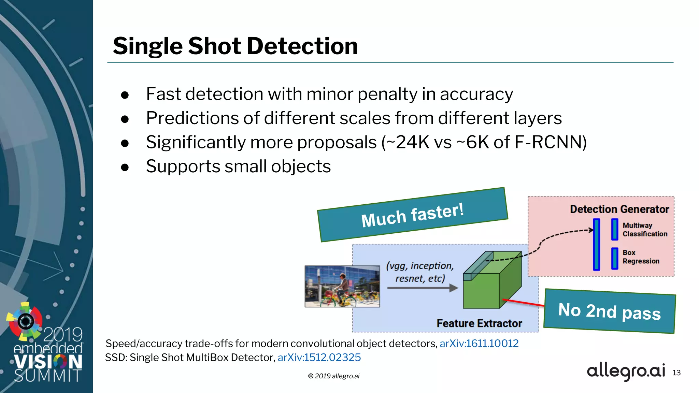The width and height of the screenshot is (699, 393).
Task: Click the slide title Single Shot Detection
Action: click(x=235, y=46)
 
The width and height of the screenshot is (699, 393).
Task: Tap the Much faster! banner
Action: click(x=412, y=215)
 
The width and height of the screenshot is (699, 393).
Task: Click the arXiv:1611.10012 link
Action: click(x=479, y=343)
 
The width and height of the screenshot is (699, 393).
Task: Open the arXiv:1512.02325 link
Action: click(x=319, y=358)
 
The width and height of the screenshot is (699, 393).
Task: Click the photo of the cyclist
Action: click(x=342, y=286)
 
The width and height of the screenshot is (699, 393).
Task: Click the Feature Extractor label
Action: click(x=479, y=323)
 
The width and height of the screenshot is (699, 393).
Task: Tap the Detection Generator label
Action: click(x=619, y=209)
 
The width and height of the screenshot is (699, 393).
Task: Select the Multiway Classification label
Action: click(x=644, y=230)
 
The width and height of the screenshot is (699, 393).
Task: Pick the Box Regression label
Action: click(x=641, y=257)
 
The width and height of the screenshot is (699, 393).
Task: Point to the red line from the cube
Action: click(x=523, y=303)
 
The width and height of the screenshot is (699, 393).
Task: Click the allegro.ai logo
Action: click(x=626, y=371)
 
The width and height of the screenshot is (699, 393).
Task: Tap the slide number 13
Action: click(x=676, y=373)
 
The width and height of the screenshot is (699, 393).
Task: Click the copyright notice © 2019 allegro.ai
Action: click(x=334, y=376)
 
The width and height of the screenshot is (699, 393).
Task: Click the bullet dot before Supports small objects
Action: click(x=125, y=167)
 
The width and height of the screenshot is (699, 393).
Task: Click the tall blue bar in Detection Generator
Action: click(x=596, y=244)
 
